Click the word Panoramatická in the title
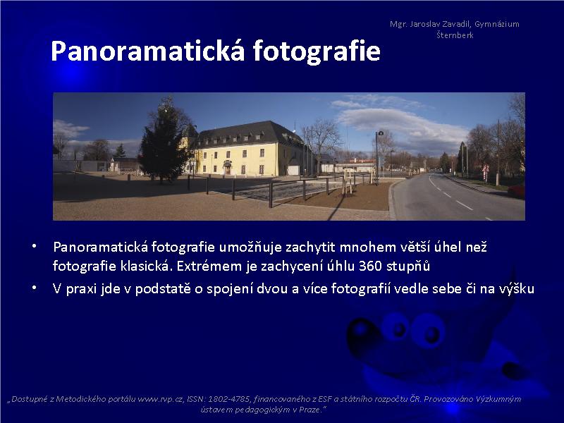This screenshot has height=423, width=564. coord(148,51)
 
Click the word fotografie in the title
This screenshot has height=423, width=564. coord(317,51)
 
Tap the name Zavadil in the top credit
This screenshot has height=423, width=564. coord(455,24)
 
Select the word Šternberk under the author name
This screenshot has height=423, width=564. coord(455,35)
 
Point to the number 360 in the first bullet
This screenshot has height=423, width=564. coord(371,266)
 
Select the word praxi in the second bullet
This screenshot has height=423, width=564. coord(81,289)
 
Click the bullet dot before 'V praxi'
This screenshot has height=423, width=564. coord(34,288)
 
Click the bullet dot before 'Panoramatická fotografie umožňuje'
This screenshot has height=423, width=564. coord(34,246)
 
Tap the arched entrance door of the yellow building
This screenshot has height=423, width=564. coord(227,168)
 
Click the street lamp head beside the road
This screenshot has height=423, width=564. coord(380,133)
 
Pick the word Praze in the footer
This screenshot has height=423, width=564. coord(309,410)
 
